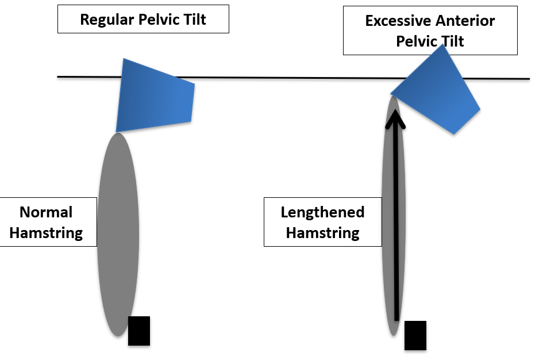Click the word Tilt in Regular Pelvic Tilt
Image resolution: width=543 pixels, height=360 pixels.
click(x=192, y=20)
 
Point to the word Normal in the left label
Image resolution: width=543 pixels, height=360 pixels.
click(x=46, y=212)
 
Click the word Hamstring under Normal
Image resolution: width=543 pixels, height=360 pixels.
click(x=46, y=233)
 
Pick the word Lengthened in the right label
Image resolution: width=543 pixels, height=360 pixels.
click(x=322, y=212)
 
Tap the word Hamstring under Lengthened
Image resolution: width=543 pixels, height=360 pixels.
click(x=322, y=233)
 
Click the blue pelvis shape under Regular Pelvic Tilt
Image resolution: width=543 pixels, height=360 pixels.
click(x=154, y=95)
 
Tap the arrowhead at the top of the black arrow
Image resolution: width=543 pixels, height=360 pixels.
click(x=395, y=118)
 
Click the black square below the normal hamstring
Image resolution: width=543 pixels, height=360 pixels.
click(x=139, y=331)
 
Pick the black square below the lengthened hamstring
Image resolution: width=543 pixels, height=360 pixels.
click(x=415, y=335)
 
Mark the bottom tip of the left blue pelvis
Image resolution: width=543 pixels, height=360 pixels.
click(x=117, y=132)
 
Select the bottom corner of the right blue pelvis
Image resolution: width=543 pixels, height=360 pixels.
click(x=454, y=134)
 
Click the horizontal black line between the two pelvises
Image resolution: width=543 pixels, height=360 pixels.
click(x=287, y=77)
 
